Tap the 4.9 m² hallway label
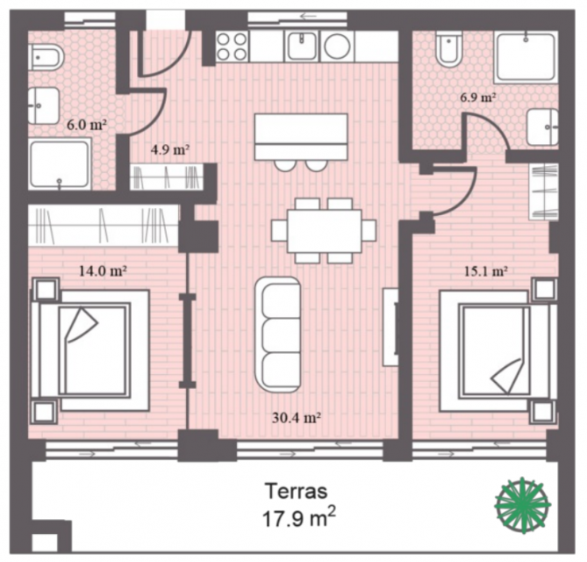[170, 149]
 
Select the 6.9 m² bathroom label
[478, 97]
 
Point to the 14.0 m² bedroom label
[103, 270]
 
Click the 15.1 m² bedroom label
[485, 270]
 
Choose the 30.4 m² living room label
[296, 417]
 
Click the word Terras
[296, 491]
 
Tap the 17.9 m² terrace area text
[298, 518]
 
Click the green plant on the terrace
[523, 505]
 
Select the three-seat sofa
[278, 335]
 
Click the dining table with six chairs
[324, 230]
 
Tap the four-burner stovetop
[232, 47]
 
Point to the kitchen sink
[301, 46]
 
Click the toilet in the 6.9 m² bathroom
[449, 49]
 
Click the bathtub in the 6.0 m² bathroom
[60, 163]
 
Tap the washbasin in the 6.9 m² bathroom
[543, 127]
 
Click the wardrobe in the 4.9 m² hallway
[167, 177]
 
